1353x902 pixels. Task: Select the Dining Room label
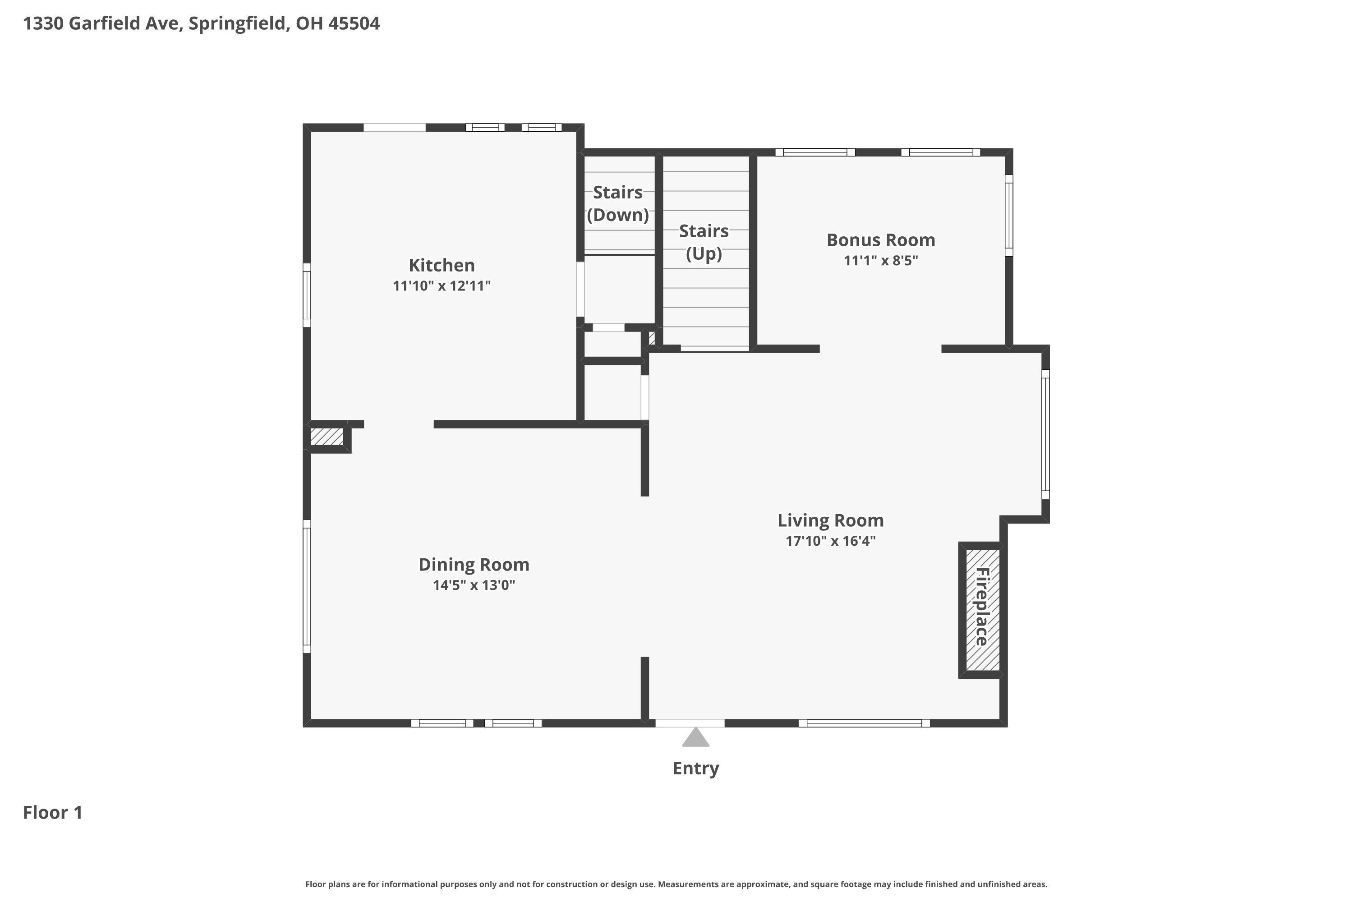(474, 564)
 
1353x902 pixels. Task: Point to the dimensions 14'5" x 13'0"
(474, 585)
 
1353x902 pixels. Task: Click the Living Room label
(830, 520)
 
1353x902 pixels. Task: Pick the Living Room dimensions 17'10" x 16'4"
(830, 541)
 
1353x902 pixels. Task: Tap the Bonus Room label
(880, 240)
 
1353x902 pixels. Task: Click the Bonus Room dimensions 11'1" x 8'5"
(880, 261)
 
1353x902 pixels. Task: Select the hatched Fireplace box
(981, 610)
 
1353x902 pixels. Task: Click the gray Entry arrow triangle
(695, 738)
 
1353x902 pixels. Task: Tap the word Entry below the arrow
(695, 768)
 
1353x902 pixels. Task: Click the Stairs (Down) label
(617, 203)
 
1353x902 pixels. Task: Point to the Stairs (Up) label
(704, 242)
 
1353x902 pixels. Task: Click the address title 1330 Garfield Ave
(201, 23)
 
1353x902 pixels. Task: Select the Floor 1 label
(52, 812)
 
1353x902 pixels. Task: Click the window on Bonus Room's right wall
(1008, 215)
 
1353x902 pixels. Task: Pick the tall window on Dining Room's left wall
(307, 586)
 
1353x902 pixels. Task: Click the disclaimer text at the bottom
(676, 884)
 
